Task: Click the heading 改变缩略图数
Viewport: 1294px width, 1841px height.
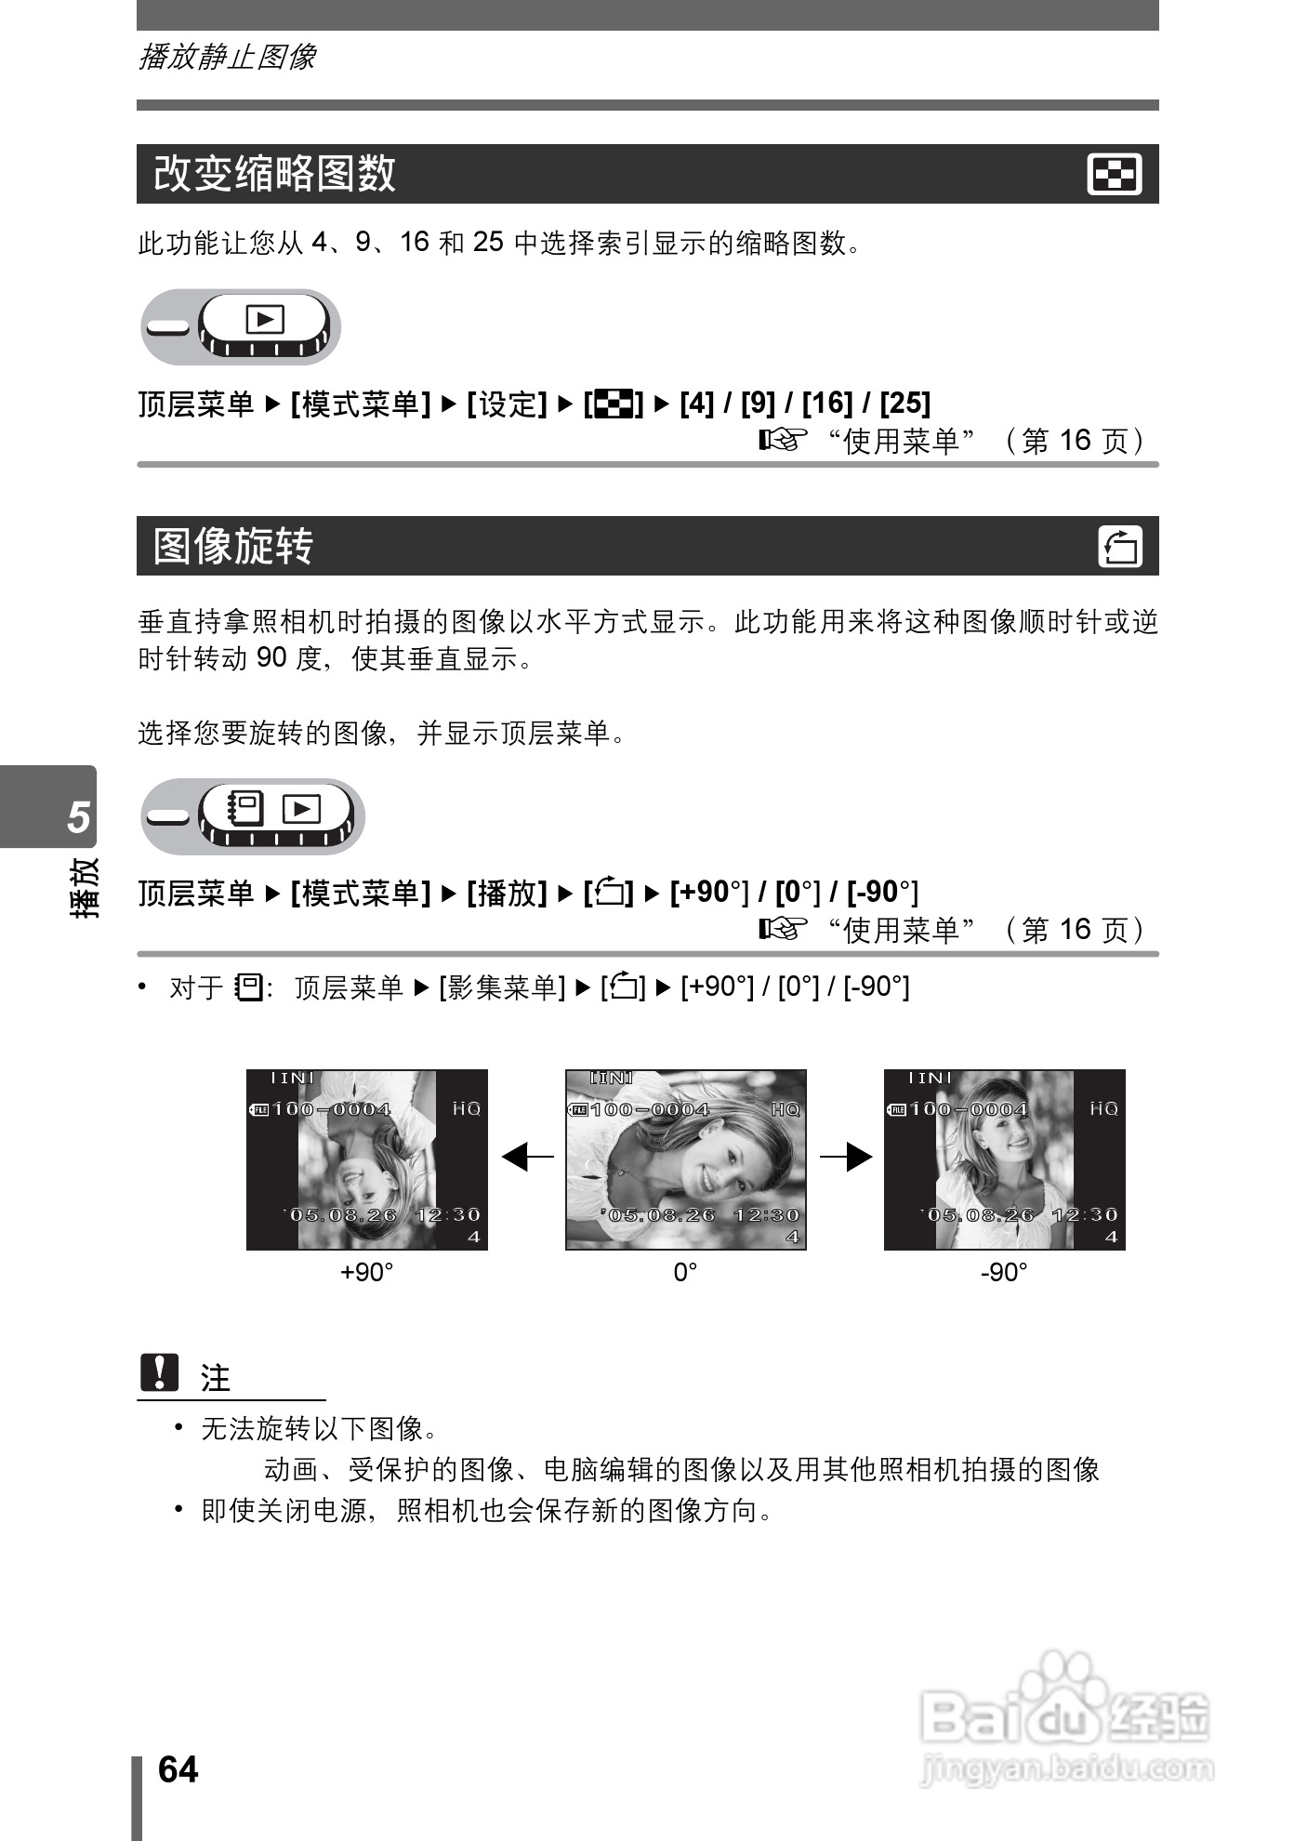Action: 275,174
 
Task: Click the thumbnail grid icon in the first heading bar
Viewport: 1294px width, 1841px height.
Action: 1115,175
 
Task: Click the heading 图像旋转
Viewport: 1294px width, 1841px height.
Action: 233,546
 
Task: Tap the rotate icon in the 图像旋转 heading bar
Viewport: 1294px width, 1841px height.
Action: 1120,547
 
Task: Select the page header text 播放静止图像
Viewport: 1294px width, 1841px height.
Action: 227,58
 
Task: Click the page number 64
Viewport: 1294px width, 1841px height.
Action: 178,1769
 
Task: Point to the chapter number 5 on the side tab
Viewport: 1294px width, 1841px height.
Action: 78,816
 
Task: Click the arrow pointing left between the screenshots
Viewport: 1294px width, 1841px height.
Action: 526,1158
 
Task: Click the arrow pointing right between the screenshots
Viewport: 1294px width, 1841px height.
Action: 846,1158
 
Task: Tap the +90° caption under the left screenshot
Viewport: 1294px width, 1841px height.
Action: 366,1272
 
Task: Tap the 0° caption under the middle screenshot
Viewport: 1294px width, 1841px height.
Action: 685,1272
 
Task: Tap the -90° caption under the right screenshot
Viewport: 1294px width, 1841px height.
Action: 1004,1272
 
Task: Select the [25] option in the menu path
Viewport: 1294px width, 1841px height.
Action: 904,403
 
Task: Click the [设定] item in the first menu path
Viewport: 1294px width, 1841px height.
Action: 507,404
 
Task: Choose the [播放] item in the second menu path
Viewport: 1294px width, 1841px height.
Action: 507,893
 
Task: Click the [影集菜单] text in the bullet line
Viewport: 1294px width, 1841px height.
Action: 502,987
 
